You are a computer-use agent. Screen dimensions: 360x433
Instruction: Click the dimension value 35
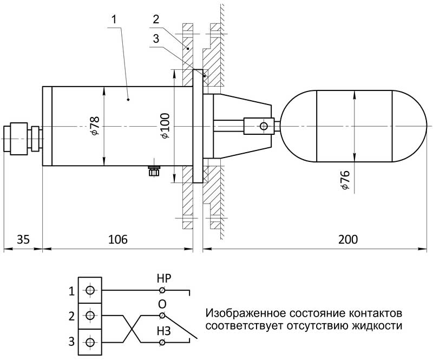22,239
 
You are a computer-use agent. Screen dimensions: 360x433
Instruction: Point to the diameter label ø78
95,126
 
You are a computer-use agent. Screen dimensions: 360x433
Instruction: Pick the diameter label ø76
345,180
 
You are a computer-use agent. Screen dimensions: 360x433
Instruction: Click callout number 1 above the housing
114,19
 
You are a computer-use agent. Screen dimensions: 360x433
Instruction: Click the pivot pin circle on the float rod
264,126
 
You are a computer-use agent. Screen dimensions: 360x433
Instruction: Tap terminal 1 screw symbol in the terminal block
90,291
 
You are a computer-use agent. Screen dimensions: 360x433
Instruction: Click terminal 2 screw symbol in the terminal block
90,316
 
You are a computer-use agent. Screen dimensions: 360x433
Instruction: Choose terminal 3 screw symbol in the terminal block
90,342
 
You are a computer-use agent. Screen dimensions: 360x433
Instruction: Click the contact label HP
163,280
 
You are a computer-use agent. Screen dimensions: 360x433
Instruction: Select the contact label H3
163,330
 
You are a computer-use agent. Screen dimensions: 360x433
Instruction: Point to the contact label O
162,304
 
